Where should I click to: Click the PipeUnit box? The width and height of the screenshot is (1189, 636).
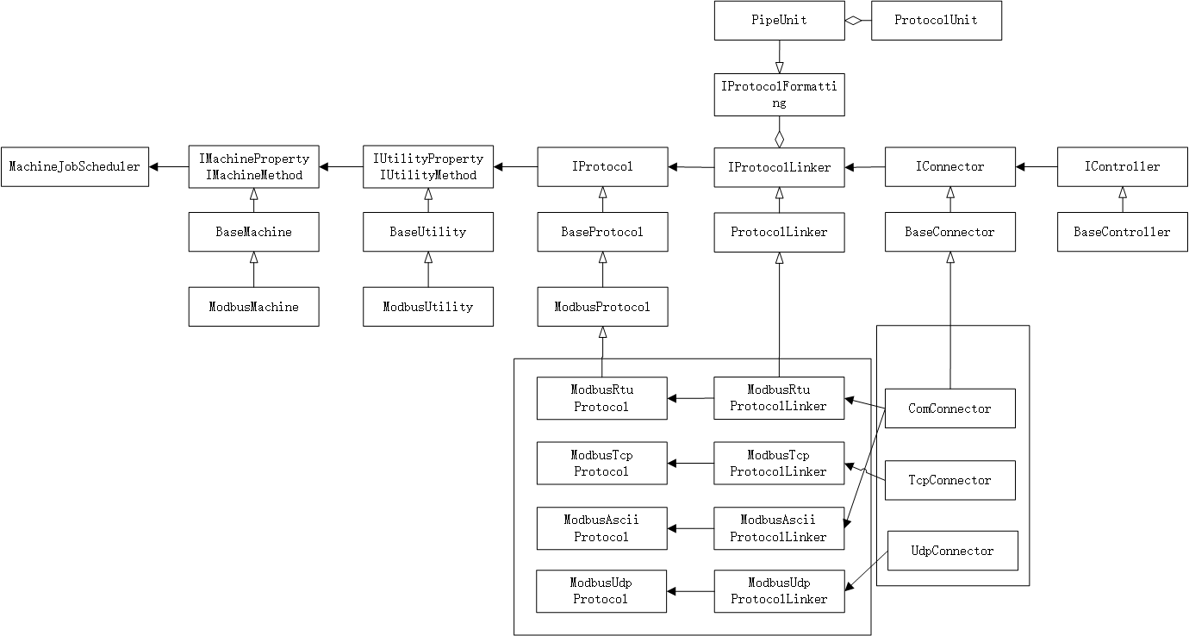[779, 20]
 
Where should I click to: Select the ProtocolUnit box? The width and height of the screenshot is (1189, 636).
[937, 20]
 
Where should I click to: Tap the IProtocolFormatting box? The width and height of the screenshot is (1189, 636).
[779, 95]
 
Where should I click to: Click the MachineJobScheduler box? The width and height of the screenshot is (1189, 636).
[75, 166]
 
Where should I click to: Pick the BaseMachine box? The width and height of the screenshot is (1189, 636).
[254, 232]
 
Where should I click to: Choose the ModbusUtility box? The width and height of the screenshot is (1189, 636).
[428, 307]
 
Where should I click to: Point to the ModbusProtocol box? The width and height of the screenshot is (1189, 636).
[602, 307]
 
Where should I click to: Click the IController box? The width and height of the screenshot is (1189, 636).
[1122, 166]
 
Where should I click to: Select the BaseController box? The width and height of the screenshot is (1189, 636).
[1122, 232]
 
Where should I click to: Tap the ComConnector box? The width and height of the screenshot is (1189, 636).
[950, 408]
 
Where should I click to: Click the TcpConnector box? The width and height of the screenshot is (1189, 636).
[950, 480]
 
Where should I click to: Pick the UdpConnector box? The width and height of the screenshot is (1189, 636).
[952, 551]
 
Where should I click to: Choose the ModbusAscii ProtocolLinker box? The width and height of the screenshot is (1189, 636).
[779, 528]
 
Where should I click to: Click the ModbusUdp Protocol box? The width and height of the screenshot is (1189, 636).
[601, 591]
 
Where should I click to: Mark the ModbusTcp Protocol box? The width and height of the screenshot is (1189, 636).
[601, 463]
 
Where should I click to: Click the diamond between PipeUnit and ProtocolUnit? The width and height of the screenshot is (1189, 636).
[854, 21]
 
